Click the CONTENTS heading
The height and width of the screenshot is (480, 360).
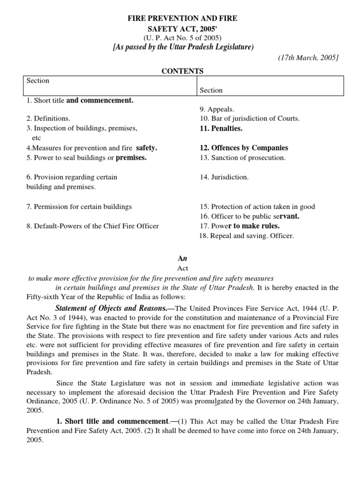(x=182, y=71)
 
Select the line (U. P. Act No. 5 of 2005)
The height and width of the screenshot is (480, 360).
(x=182, y=38)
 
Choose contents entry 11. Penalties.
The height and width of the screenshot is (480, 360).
(x=221, y=128)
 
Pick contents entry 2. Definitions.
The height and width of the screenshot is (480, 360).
(x=48, y=119)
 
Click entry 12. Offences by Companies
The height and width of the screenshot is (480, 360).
(x=244, y=148)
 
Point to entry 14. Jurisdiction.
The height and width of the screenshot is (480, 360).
(x=224, y=177)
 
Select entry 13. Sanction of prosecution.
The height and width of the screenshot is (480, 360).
(x=242, y=158)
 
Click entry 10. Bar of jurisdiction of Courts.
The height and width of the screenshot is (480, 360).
(x=249, y=119)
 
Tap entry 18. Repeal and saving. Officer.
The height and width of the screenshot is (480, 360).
(x=247, y=236)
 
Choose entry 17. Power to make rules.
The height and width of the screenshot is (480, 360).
(x=240, y=226)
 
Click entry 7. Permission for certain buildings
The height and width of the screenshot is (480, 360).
(x=79, y=206)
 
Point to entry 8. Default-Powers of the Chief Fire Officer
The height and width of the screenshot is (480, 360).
(x=92, y=226)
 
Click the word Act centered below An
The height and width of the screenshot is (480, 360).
(x=182, y=269)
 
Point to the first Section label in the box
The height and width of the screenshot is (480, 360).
(x=38, y=81)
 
